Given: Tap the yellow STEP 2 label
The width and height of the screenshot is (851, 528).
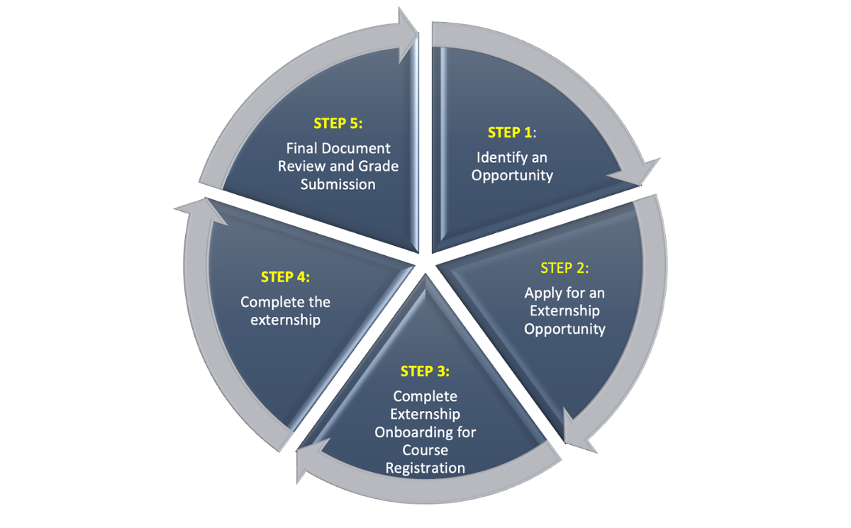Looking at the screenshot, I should pyautogui.click(x=564, y=268).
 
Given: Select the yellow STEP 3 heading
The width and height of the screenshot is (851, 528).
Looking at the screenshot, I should pyautogui.click(x=425, y=371).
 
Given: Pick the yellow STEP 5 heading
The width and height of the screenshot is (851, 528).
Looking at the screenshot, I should pyautogui.click(x=338, y=123).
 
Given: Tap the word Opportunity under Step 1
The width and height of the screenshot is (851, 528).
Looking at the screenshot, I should pyautogui.click(x=512, y=175).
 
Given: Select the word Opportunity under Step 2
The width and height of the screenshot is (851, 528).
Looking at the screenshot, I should pyautogui.click(x=564, y=329).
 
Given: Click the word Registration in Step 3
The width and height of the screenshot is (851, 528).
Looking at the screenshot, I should pyautogui.click(x=425, y=468).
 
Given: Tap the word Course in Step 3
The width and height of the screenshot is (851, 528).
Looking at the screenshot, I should pyautogui.click(x=425, y=450).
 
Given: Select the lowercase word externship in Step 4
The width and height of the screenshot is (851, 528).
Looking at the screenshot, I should pyautogui.click(x=285, y=320).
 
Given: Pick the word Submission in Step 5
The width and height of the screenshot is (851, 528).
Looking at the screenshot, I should pyautogui.click(x=338, y=184).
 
